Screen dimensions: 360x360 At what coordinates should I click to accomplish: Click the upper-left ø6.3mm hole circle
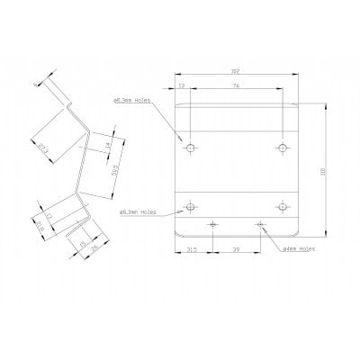190,147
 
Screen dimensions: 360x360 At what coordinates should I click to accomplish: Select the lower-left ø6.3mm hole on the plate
190,207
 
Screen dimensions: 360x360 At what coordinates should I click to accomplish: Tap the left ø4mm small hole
212,223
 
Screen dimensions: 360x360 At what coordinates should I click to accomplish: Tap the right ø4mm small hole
260,223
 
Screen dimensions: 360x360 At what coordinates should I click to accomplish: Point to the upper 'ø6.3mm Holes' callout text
134,100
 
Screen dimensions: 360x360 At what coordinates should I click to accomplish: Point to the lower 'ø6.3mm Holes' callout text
138,212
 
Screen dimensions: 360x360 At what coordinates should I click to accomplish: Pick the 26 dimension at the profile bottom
92,248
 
